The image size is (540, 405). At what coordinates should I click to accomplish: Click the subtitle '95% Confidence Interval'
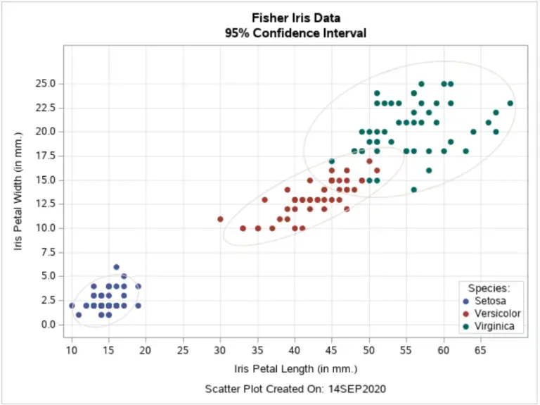295,33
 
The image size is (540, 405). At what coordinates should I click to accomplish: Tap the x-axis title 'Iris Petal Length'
295,368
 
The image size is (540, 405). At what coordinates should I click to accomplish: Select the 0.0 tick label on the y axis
46,325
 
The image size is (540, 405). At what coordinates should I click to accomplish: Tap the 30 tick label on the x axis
220,349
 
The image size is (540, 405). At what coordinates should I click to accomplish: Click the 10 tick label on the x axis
71,349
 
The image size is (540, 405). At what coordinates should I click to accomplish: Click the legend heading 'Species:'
489,287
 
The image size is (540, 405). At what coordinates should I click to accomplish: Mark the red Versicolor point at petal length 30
220,219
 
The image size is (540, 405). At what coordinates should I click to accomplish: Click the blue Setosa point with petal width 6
116,267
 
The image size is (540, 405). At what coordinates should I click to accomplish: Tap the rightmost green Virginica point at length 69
510,104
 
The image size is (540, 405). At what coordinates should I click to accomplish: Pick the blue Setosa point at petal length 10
72,306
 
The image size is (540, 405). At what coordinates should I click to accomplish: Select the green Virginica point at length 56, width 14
413,189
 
